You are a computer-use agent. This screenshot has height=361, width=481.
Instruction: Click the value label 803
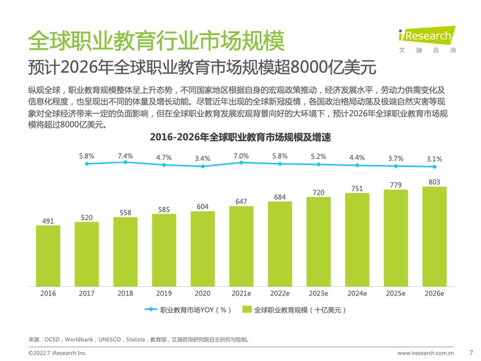[434, 182]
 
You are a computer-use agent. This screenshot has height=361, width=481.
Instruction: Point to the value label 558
[125, 212]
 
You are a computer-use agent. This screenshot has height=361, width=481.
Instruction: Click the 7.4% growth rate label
[125, 156]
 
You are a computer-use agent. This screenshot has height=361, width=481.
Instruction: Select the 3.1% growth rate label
[434, 159]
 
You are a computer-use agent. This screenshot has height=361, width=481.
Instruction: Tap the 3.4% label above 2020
[203, 159]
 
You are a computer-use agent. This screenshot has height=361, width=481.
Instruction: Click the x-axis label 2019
[164, 293]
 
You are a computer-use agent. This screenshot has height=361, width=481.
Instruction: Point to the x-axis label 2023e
[318, 293]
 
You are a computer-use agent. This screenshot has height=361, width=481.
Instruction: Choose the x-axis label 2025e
[395, 293]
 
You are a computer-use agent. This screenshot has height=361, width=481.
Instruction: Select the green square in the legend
[248, 310]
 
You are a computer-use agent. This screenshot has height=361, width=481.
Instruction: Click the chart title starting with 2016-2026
[240, 138]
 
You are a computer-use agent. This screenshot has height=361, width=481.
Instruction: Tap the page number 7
[470, 352]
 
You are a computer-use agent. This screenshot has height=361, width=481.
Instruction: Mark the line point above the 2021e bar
[241, 164]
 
